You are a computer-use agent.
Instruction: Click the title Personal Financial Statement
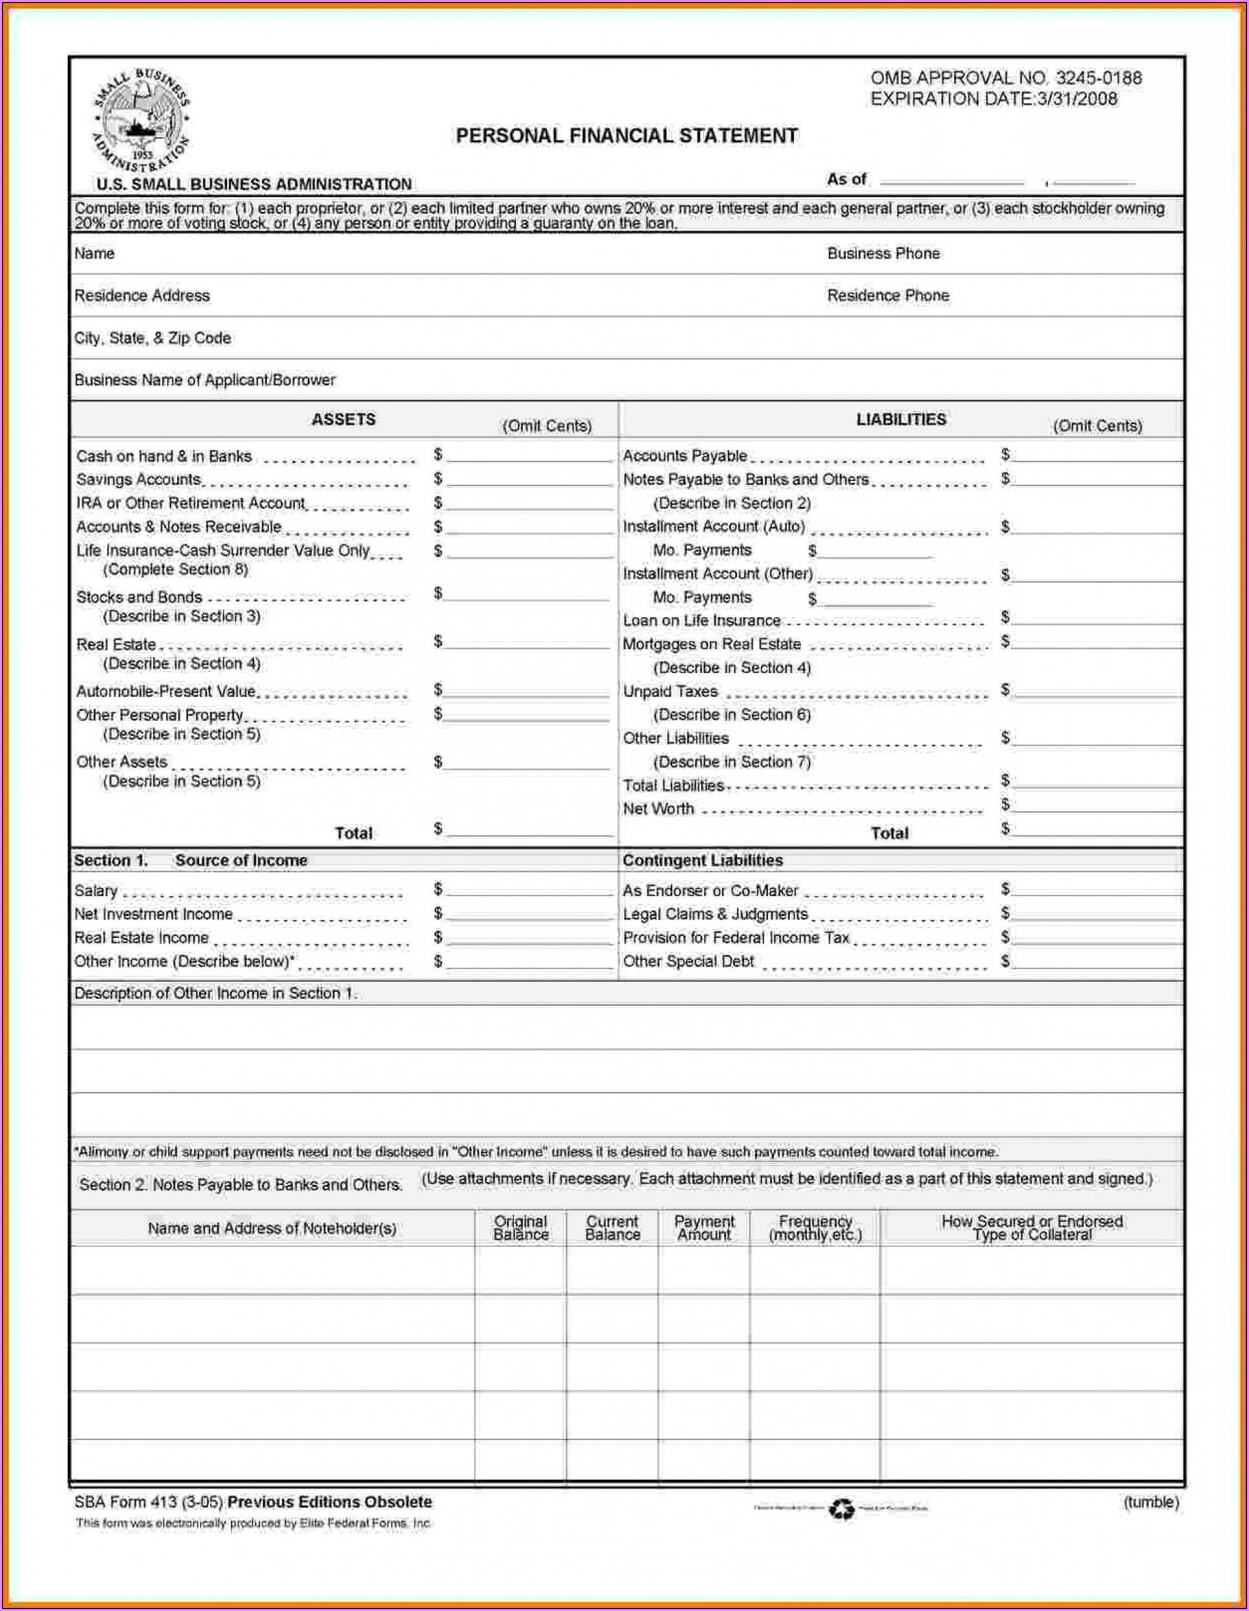[x=626, y=136]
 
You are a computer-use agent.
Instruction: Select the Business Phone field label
[x=883, y=254]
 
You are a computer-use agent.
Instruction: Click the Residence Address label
[x=142, y=296]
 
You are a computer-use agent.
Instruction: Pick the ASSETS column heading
[x=343, y=419]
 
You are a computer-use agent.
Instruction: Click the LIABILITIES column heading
[x=901, y=419]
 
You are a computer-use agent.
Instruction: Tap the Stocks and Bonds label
[x=140, y=597]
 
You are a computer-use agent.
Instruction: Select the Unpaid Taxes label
[x=670, y=691]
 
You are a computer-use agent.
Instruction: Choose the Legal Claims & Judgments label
[x=715, y=914]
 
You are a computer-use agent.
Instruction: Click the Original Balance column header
[x=520, y=1228]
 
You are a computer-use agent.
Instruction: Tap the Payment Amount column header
[x=704, y=1228]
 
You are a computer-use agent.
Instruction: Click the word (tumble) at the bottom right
[x=1150, y=1502]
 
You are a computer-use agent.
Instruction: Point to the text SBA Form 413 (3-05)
[x=149, y=1502]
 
